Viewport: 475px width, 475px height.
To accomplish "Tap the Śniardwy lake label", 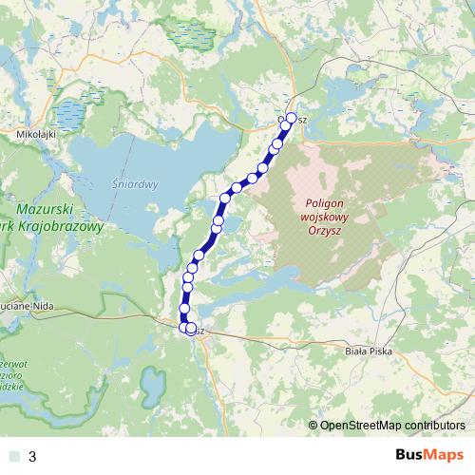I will click(133, 184).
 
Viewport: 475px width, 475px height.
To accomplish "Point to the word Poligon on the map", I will click(329, 202).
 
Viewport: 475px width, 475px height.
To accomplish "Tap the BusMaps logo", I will click(428, 455).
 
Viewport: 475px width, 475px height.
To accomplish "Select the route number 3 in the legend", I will click(33, 456).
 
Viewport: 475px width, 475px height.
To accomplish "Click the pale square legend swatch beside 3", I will click(12, 456).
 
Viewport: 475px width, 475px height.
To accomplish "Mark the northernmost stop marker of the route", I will click(291, 118).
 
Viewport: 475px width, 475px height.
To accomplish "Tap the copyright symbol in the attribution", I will click(313, 425).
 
